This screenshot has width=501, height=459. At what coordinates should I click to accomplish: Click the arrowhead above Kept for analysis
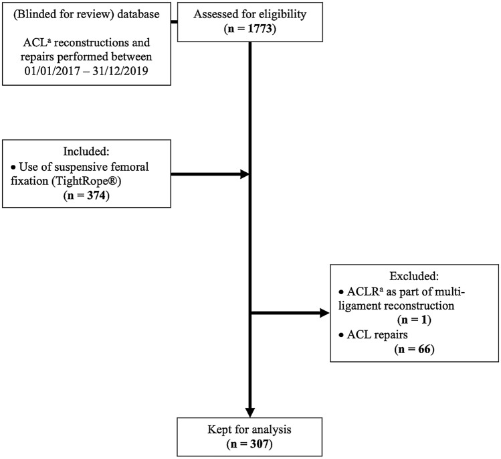click(249, 410)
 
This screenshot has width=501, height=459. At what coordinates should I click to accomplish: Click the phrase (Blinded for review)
click(65, 15)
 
